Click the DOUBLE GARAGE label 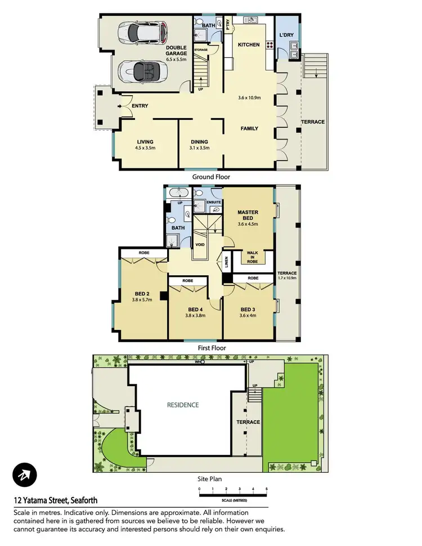[x=176, y=51]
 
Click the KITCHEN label [x=248, y=45]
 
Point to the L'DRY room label [x=287, y=36]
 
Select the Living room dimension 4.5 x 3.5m [x=145, y=148]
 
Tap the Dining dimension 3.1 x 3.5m [x=199, y=148]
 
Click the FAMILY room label [x=249, y=129]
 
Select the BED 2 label [x=142, y=294]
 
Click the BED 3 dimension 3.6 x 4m [x=248, y=316]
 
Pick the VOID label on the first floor [x=200, y=244]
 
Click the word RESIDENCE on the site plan [x=183, y=405]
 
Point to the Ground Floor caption [x=211, y=177]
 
